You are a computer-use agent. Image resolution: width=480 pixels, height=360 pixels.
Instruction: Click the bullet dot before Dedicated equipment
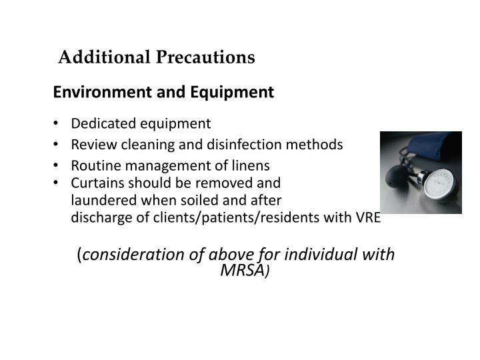coord(61,123)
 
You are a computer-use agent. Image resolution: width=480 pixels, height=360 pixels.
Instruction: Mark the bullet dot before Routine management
coord(61,165)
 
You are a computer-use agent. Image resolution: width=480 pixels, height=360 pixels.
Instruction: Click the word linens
coord(251,165)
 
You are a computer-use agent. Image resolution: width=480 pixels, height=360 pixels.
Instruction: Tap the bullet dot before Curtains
coord(61,183)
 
